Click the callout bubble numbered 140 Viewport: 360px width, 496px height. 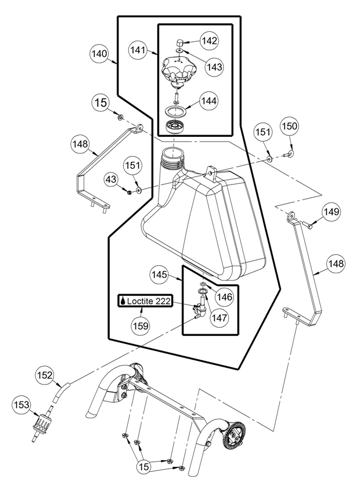click(x=100, y=54)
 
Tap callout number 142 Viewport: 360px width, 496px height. click(x=210, y=41)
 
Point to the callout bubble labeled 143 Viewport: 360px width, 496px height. click(x=214, y=67)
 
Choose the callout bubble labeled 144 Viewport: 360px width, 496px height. click(x=209, y=100)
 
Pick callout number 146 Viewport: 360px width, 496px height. click(x=224, y=296)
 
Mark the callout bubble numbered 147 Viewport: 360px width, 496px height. click(x=219, y=317)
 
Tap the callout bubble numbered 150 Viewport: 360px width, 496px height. click(x=290, y=126)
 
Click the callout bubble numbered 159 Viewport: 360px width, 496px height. click(x=142, y=326)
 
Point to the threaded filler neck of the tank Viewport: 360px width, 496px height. click(x=171, y=156)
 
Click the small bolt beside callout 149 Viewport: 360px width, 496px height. click(x=308, y=225)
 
